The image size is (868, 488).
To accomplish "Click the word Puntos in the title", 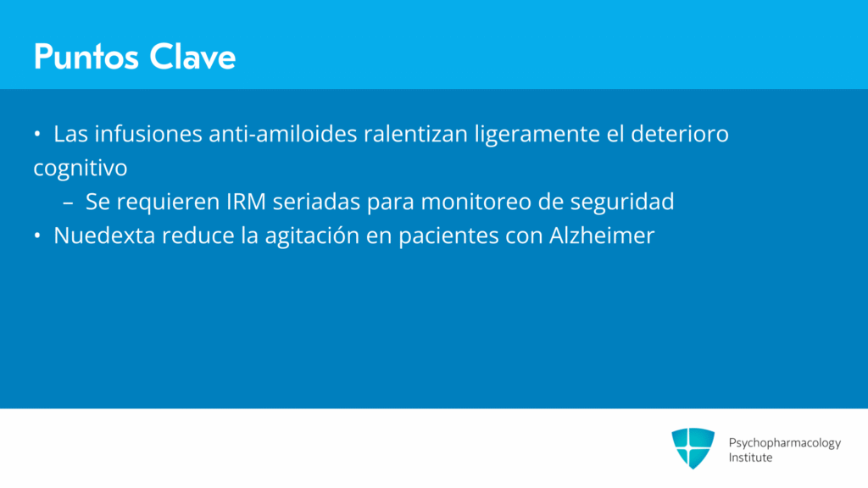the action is [86, 57].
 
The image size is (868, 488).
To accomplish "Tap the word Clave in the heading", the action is [192, 57].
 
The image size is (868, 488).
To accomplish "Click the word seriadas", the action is [317, 202].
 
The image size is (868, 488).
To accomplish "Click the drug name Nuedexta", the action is [104, 236].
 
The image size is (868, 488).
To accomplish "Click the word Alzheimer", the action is [602, 236].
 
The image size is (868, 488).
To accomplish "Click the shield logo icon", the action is [693, 448].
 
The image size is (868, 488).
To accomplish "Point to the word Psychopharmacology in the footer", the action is [784, 443].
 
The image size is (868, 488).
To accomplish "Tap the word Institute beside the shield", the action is [750, 457].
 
